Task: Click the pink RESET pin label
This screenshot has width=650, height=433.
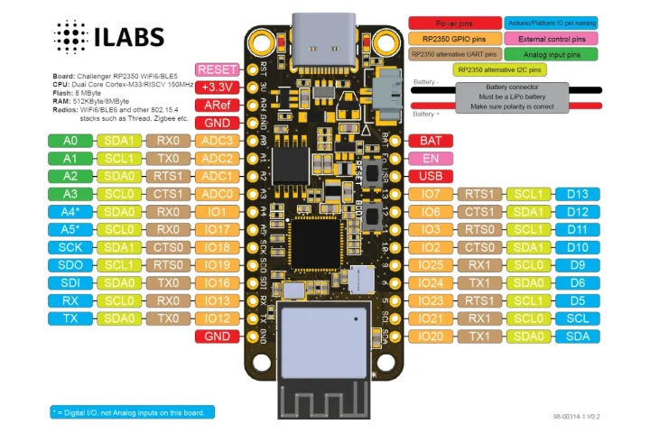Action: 218,69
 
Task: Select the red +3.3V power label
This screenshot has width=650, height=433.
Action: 218,88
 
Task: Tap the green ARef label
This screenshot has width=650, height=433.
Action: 218,106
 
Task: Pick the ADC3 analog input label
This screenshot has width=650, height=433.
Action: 218,141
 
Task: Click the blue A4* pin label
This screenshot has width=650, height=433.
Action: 71,212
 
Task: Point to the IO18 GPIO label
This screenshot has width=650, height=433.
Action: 218,247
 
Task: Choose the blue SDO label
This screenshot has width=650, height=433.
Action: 71,265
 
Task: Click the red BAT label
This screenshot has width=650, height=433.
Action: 431,141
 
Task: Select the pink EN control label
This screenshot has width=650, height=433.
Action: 431,159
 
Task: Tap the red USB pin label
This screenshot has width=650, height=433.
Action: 431,177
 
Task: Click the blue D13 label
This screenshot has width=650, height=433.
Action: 577,194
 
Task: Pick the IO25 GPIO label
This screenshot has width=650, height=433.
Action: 431,265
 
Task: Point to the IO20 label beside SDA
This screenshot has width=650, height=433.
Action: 431,336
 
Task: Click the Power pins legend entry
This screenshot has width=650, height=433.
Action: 455,23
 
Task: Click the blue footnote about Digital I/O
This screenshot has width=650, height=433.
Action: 132,412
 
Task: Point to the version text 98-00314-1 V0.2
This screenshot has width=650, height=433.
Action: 577,417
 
